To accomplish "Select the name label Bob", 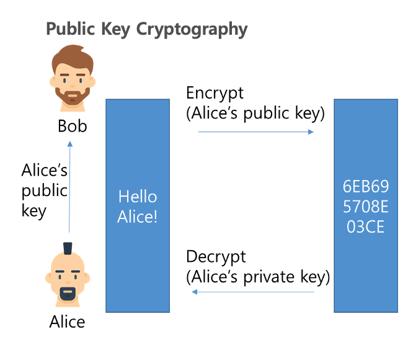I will point(72,127).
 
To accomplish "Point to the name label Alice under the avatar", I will point(67,322).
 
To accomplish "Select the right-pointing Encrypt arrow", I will point(255,132).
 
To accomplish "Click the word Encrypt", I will point(215,93).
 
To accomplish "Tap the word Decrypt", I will point(216,256).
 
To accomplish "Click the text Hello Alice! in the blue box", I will point(138,207).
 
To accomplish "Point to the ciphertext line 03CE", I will point(363,227).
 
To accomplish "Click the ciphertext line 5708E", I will point(363,207).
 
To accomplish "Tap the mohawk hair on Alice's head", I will point(68,250).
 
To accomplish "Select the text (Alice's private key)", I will point(258,276).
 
